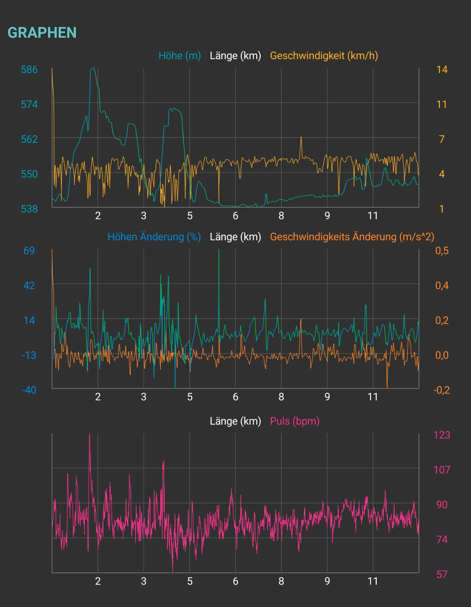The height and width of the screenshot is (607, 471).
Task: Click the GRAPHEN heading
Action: point(42,32)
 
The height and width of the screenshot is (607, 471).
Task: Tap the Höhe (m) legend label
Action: point(180,56)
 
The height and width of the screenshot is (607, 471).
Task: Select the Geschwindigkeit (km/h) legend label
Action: point(324,56)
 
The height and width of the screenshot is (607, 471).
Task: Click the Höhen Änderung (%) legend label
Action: point(154,237)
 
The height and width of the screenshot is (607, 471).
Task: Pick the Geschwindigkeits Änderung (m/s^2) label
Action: point(352,237)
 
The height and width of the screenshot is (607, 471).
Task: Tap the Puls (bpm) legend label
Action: point(295,421)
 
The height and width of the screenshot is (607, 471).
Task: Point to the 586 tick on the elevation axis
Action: point(29,70)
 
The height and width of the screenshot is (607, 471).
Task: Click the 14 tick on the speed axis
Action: point(442,70)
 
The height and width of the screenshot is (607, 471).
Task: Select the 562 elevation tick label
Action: point(29,139)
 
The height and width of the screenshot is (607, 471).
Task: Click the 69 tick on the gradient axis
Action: point(29,251)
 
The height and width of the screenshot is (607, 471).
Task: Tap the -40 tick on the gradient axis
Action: point(29,390)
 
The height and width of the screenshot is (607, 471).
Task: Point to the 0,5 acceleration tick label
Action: point(442,251)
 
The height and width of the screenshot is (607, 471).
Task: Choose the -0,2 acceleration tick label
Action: point(442,390)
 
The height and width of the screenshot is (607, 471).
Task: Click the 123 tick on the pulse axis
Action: point(442,435)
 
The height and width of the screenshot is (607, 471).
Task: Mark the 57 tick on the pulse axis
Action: point(442,574)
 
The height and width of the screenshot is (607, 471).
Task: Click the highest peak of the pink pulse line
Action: point(89,434)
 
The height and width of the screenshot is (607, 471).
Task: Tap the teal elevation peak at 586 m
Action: point(93,68)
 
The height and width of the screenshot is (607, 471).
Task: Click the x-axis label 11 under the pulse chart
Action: point(373,581)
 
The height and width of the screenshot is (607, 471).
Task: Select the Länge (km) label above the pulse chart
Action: point(235,421)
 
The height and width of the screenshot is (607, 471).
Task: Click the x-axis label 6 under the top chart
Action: point(235,216)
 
